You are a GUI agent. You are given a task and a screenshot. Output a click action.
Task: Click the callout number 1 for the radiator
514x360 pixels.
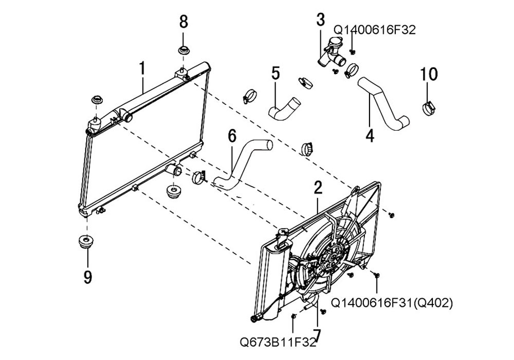[142, 69]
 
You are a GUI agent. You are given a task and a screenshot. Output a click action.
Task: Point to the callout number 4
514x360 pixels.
[370, 134]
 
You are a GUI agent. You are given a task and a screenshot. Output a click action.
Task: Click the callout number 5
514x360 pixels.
[276, 73]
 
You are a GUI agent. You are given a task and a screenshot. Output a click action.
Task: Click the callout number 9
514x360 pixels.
[87, 277]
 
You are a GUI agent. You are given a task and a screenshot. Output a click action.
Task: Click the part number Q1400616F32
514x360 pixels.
[375, 30]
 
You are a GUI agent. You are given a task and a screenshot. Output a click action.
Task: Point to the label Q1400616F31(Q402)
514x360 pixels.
[392, 303]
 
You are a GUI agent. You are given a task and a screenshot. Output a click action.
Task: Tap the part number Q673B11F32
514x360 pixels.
[278, 343]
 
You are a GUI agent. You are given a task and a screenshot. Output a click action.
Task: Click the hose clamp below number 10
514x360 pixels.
[428, 108]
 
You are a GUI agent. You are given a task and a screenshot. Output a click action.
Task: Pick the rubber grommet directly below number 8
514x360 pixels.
[185, 51]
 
